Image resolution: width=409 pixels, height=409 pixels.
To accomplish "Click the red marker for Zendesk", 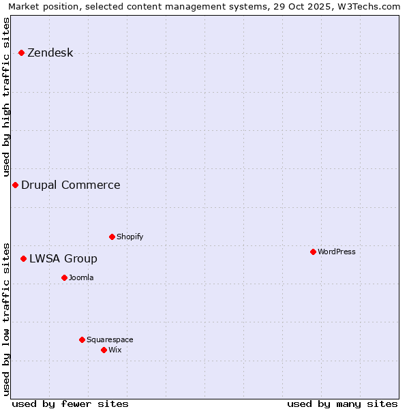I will click(x=21, y=52).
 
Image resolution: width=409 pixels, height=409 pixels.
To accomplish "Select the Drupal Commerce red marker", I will click(x=15, y=185).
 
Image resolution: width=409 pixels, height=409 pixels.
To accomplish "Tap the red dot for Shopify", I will click(x=112, y=237).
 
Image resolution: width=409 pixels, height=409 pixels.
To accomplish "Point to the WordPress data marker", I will click(x=313, y=252).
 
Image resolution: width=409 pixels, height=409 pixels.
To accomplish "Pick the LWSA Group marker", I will click(x=23, y=258).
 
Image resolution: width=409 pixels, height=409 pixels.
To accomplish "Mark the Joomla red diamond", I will click(x=64, y=277).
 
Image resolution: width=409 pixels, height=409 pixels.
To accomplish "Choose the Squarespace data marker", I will click(x=82, y=339).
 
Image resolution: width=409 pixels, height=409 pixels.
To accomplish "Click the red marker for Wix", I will click(x=104, y=350).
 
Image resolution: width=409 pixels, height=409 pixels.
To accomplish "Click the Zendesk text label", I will click(x=50, y=53).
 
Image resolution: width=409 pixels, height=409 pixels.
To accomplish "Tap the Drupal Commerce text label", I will click(x=71, y=185).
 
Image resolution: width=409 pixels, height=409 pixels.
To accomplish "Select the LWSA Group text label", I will click(x=63, y=259).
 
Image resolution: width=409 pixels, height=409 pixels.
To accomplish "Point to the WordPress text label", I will click(x=337, y=252).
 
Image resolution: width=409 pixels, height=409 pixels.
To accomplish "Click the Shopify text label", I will click(x=130, y=237).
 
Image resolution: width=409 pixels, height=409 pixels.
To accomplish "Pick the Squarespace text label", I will click(x=110, y=339).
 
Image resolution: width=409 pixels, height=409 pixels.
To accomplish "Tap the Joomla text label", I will click(x=81, y=277).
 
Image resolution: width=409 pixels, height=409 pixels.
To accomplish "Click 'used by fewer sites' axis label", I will click(x=70, y=404).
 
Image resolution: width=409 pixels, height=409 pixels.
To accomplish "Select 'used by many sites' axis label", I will click(x=342, y=404).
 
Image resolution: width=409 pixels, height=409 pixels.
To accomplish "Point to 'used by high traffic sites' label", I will click(x=6, y=97).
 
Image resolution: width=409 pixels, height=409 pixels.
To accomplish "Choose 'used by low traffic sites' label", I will click(x=6, y=318).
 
